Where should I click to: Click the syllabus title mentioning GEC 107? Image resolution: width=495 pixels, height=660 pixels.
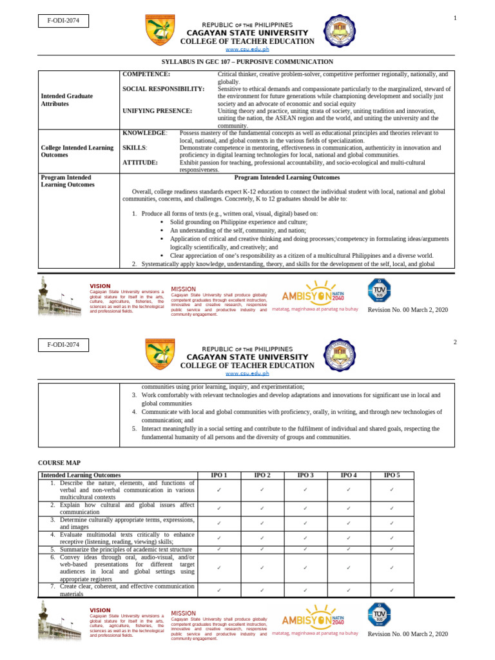pyautogui.click(x=247, y=62)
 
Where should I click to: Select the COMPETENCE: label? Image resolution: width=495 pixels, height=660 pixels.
pyautogui.click(x=146, y=75)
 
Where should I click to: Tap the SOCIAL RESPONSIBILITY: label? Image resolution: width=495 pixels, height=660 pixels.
pyautogui.click(x=164, y=89)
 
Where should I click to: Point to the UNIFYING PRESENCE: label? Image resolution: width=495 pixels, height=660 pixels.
pyautogui.click(x=157, y=111)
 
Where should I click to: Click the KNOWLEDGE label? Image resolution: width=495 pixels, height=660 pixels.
pyautogui.click(x=144, y=133)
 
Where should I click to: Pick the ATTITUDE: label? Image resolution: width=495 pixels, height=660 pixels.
pyautogui.click(x=140, y=162)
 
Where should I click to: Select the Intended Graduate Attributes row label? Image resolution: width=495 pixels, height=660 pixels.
pyautogui.click(x=66, y=100)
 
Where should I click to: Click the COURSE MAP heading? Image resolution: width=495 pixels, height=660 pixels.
pyautogui.click(x=61, y=463)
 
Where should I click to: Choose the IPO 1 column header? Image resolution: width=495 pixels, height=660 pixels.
pyautogui.click(x=219, y=475)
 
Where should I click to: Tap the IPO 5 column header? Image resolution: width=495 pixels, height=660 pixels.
pyautogui.click(x=391, y=475)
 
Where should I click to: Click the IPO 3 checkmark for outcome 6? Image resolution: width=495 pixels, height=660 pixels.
pyautogui.click(x=306, y=568)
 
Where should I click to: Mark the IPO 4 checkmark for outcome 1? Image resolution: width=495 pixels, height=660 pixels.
pyautogui.click(x=348, y=490)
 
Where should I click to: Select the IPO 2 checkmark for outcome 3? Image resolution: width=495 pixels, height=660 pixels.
pyautogui.click(x=262, y=523)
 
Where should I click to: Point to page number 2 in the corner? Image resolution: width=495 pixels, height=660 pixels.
pyautogui.click(x=455, y=342)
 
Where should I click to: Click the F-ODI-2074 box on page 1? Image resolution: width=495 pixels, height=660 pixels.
pyautogui.click(x=63, y=21)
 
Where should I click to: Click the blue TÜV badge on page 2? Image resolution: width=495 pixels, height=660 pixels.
pyautogui.click(x=379, y=613)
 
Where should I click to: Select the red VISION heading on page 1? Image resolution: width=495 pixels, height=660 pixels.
pyautogui.click(x=100, y=286)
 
